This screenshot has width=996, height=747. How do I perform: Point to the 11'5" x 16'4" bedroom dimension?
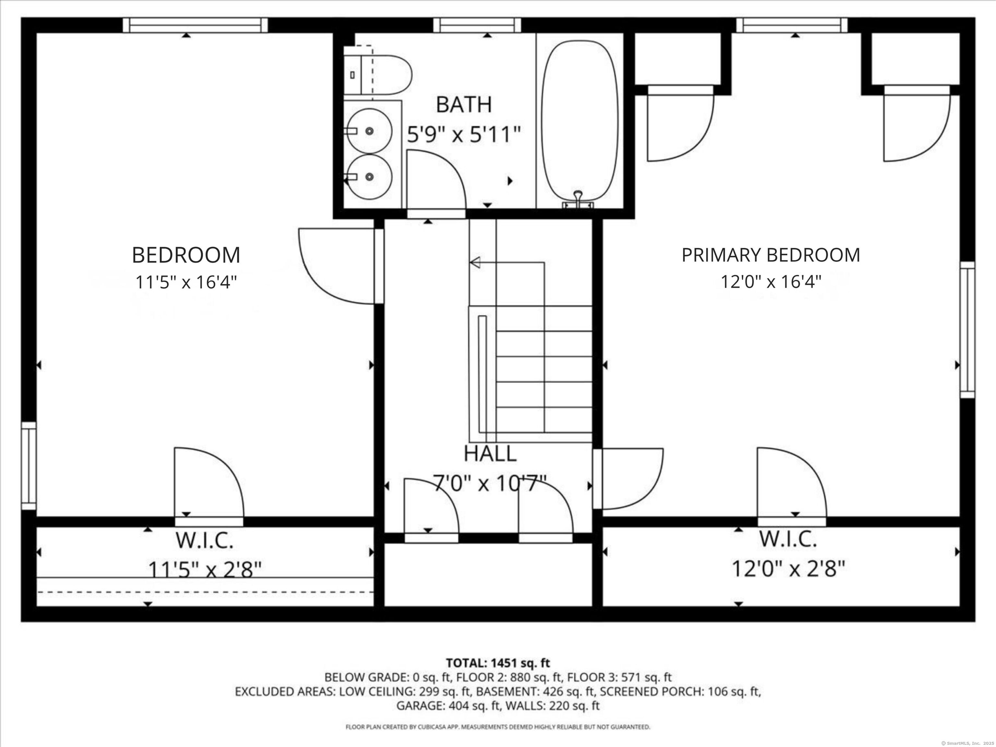(186, 282)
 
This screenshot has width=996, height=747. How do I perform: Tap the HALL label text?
(490, 454)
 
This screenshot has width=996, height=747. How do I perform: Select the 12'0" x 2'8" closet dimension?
(788, 569)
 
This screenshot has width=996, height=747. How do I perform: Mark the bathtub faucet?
(578, 198)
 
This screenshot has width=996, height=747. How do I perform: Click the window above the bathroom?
(477, 25)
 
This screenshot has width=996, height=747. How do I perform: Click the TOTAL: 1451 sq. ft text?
(498, 663)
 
